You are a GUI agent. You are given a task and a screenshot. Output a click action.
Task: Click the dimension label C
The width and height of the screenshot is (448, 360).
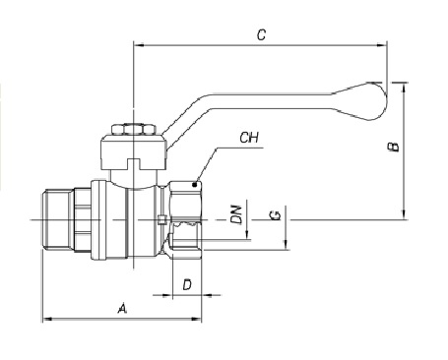[261, 34]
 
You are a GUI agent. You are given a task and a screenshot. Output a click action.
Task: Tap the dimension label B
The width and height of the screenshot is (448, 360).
[394, 147]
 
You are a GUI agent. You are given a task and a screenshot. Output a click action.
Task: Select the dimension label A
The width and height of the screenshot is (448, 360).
[122, 309]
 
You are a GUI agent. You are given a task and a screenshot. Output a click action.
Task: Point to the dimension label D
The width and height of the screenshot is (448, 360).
[187, 284]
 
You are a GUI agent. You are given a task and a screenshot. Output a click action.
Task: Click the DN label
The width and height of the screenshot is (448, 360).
[236, 214]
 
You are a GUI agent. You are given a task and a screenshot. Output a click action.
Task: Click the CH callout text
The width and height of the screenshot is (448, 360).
[249, 138]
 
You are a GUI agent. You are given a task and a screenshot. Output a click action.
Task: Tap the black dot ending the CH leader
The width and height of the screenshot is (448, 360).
[195, 185]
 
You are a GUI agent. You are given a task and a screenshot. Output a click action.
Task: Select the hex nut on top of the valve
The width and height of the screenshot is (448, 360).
[133, 129]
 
